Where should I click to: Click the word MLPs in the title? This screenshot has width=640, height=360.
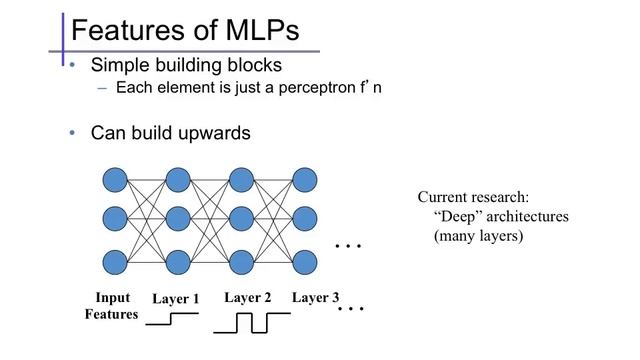click(255, 29)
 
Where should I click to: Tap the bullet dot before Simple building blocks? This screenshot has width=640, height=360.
click(72, 65)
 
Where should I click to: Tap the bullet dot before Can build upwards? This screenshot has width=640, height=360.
click(72, 133)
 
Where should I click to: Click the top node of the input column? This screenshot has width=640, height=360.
click(114, 180)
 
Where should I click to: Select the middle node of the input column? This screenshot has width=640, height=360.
click(114, 221)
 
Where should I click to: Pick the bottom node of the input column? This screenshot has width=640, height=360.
click(114, 263)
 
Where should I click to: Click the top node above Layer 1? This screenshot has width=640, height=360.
click(178, 180)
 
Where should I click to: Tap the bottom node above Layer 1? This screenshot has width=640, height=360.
click(178, 263)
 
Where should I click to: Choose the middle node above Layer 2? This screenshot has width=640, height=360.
click(242, 221)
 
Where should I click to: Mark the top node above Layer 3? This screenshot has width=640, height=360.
click(305, 180)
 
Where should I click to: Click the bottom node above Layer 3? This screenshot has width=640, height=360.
click(305, 263)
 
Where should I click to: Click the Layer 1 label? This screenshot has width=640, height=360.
click(176, 299)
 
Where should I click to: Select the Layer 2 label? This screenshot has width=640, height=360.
click(248, 298)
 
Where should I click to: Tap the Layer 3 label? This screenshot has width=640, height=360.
click(315, 298)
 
